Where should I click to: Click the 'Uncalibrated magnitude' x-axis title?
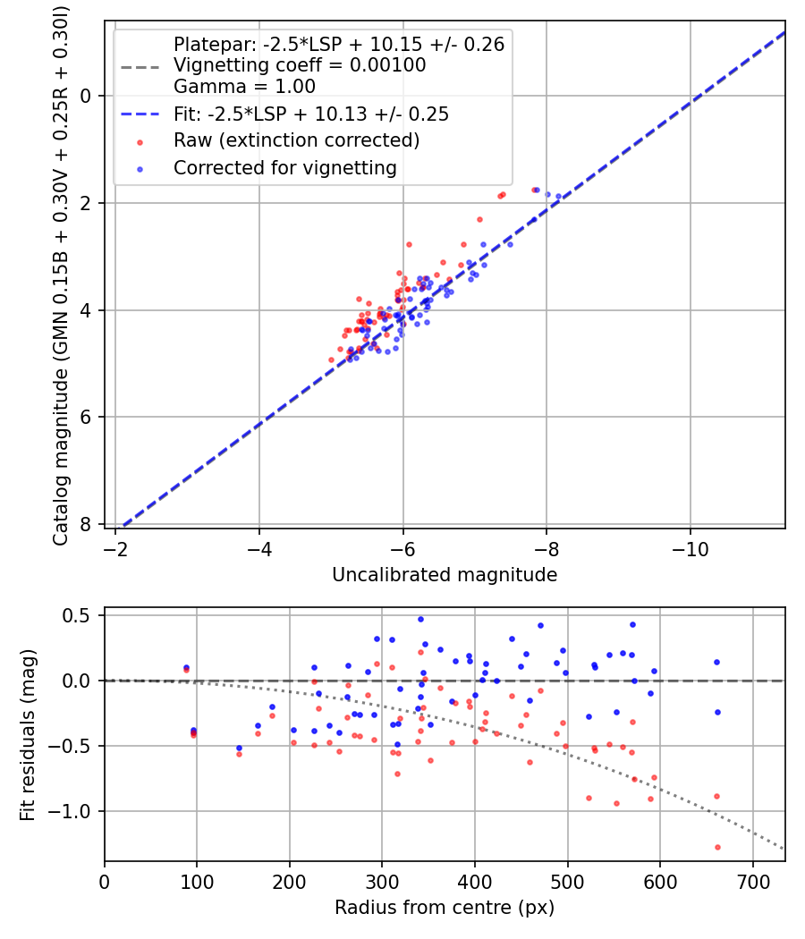click(x=445, y=575)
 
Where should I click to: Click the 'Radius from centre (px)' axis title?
click(x=445, y=908)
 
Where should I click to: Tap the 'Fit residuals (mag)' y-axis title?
click(x=28, y=734)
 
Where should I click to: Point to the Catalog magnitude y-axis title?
click(x=60, y=276)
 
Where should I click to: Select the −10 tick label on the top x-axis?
click(x=690, y=549)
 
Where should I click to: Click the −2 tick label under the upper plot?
click(x=115, y=549)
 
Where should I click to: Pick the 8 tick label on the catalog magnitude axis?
click(x=85, y=525)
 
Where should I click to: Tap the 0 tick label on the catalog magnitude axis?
click(x=85, y=96)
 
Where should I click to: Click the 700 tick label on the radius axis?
click(x=753, y=882)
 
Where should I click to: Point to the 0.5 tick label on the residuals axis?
click(x=79, y=615)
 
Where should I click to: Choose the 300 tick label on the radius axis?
click(x=382, y=882)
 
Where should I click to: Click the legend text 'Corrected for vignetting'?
click(x=285, y=168)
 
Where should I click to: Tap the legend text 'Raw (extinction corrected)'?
click(x=296, y=140)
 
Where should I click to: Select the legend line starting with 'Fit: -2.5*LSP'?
click(x=311, y=114)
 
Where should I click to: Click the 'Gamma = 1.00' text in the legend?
click(x=244, y=86)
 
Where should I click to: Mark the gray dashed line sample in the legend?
click(x=140, y=67)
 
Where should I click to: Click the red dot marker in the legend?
click(x=140, y=142)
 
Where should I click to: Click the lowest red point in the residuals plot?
click(x=717, y=848)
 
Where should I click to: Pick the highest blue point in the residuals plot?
click(x=420, y=619)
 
